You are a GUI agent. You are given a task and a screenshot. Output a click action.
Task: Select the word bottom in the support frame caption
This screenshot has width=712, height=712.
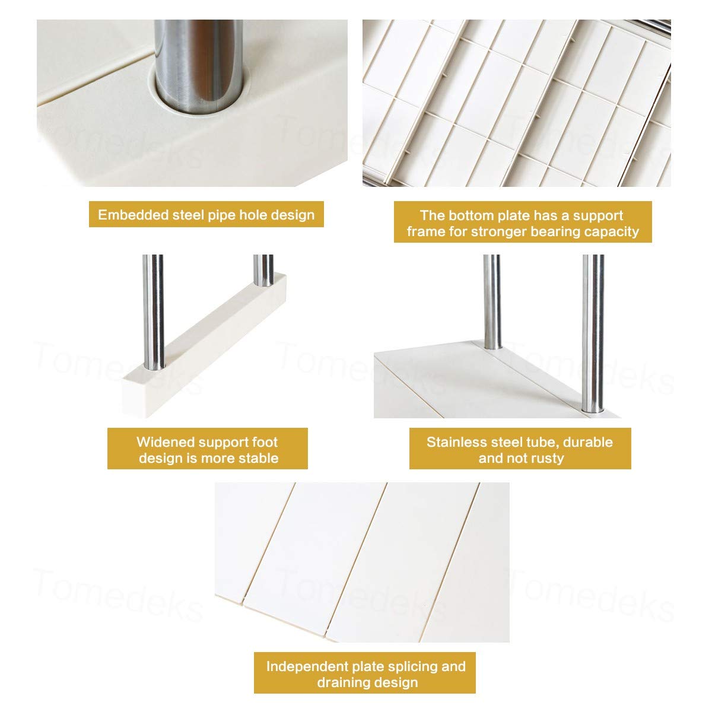coord(472,215)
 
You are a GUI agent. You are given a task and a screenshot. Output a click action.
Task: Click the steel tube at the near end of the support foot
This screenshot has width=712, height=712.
coord(154,312)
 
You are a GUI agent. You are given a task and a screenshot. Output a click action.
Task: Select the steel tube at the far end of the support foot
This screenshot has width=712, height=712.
coord(263,270)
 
